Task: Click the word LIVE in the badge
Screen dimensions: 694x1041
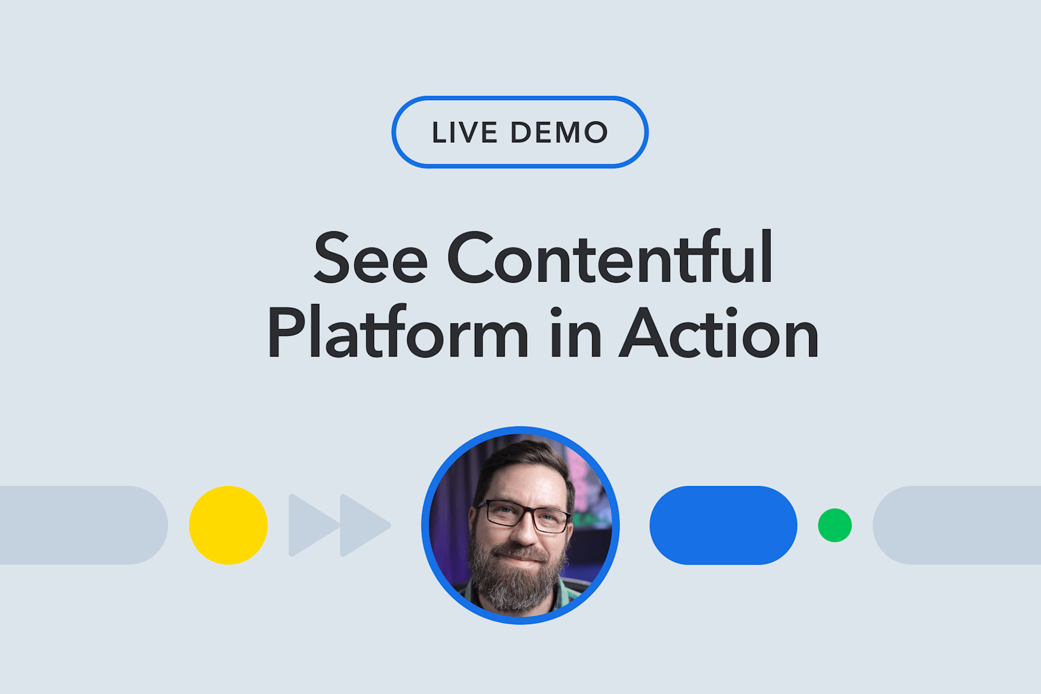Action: point(464,133)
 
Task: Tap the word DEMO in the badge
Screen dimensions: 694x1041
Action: point(559,133)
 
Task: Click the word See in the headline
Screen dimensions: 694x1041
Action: point(370,258)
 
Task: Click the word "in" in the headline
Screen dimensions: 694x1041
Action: point(575,333)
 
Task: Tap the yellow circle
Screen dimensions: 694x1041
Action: point(228,525)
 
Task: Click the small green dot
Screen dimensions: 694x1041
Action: point(834,525)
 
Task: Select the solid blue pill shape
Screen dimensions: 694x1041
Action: point(723,525)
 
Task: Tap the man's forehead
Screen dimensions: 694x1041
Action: point(523,479)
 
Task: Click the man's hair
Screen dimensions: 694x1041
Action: point(520,451)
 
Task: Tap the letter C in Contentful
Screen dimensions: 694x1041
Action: point(470,258)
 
